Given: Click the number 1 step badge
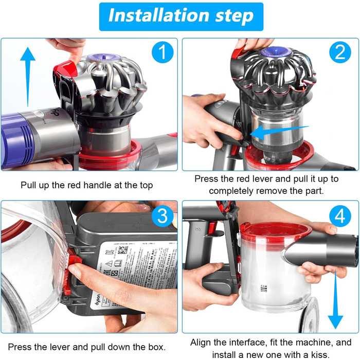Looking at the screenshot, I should point(160,53).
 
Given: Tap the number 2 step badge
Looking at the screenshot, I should point(339,53).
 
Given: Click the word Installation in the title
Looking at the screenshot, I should point(157,16).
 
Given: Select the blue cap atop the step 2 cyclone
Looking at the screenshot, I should point(273,52).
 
